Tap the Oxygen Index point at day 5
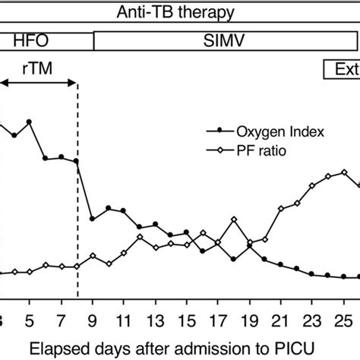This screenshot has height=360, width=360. (30, 122)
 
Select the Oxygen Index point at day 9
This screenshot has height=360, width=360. (93, 219)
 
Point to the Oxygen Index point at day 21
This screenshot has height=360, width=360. (281, 265)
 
